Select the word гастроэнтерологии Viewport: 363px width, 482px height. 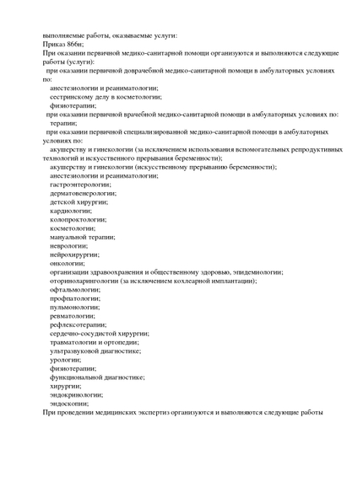80,184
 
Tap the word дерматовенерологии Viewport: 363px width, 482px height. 83,193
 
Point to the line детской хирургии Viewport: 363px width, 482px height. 78,202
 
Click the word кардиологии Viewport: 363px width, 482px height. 71,211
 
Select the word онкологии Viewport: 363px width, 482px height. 68,263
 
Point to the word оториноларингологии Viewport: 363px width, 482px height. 84,281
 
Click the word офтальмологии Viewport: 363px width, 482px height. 74,289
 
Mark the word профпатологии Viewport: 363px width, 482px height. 74,298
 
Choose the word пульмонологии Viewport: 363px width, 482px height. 74,307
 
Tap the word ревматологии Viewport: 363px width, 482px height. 73,316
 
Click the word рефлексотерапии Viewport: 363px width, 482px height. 78,324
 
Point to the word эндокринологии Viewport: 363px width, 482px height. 76,394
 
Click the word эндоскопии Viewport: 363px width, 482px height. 69,404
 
